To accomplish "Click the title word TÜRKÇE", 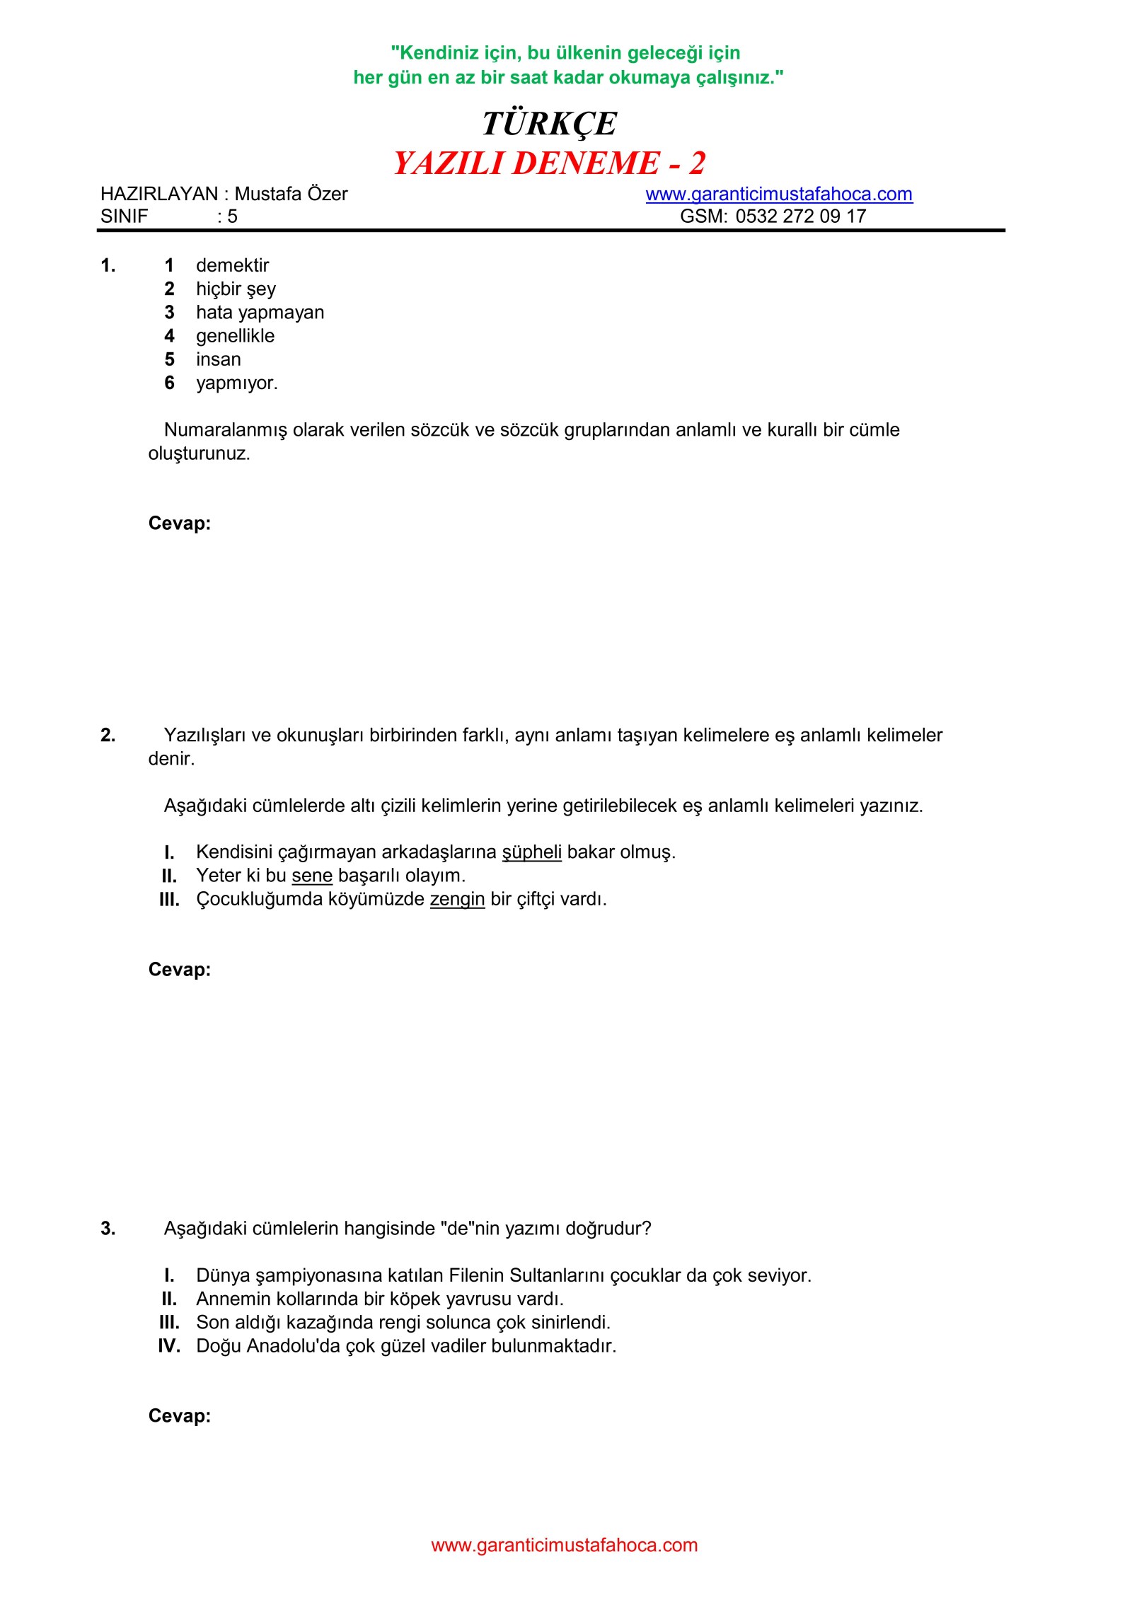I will [549, 124].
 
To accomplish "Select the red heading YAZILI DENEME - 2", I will [549, 163].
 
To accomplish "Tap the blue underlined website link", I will [778, 194].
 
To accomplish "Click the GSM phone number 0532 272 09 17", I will [800, 216].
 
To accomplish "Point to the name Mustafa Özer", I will [291, 194].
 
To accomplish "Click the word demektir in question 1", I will [232, 265].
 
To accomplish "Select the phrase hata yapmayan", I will [260, 312].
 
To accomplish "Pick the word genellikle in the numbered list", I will [235, 336].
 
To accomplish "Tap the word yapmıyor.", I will [236, 383].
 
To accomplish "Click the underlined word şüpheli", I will [531, 852].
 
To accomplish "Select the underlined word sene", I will [311, 876].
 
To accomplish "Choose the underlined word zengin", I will [457, 899].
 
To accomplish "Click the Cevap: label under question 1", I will [180, 523].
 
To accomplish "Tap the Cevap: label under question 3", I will [180, 1415].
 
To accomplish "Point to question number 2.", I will [108, 736].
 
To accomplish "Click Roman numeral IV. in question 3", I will [169, 1346].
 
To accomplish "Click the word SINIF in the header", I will [125, 216].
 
